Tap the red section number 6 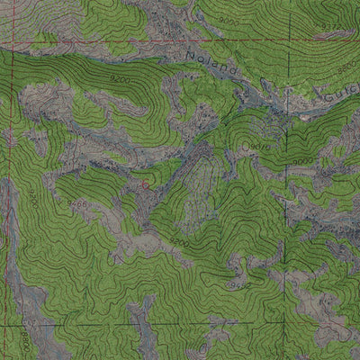145,183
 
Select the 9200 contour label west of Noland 118,82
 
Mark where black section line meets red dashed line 288,41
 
